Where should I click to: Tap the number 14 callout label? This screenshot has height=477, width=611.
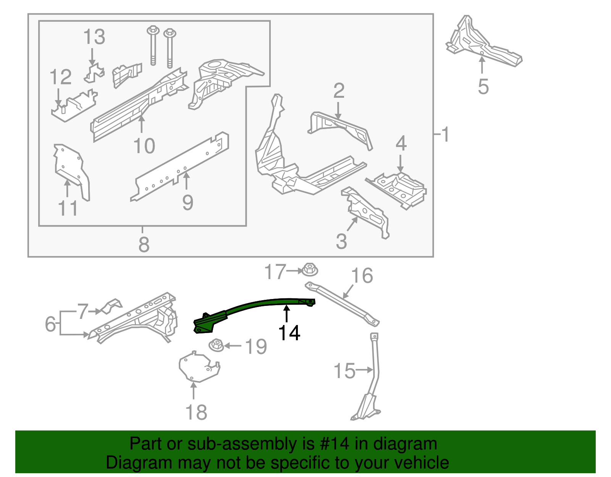tap(289, 333)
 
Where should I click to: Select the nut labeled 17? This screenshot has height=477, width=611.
tap(310, 270)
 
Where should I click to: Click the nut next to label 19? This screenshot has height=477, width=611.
tap(217, 345)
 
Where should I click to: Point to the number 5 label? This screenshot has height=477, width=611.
tap(483, 87)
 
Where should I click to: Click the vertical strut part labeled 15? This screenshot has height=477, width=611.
tap(375, 367)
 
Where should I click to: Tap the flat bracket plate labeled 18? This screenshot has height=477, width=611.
tap(199, 367)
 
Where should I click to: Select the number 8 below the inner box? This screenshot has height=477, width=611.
tap(144, 244)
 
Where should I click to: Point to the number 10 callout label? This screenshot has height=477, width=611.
tap(144, 146)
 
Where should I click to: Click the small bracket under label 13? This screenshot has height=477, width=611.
tap(94, 73)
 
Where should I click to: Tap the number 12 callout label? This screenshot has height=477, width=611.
tap(60, 77)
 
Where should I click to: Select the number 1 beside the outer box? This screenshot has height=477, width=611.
tap(445, 134)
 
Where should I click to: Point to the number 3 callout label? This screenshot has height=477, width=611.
tap(341, 241)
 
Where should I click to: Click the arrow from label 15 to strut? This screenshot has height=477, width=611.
tap(364, 370)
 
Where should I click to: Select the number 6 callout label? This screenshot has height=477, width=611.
tap(50, 324)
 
